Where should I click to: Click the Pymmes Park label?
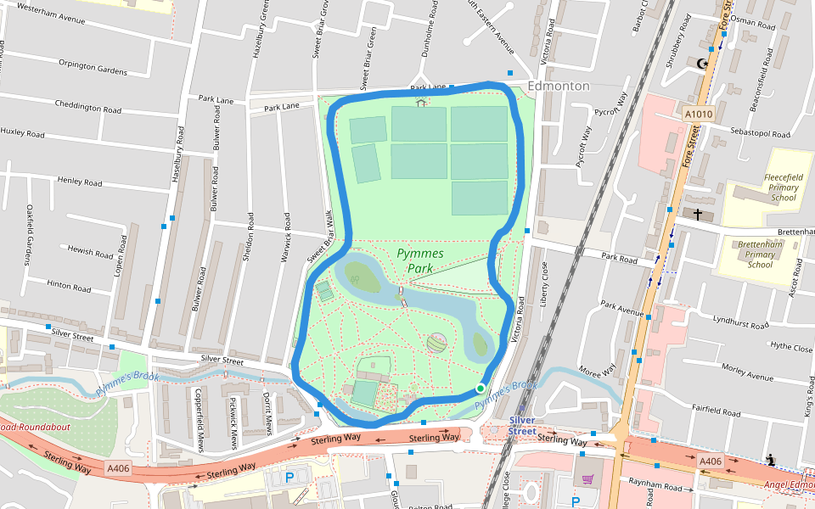[420, 260]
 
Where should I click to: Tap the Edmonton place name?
[558, 87]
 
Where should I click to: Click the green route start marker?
[480, 389]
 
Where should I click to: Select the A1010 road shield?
[698, 112]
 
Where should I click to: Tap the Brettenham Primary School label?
[760, 254]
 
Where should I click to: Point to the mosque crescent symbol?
[702, 64]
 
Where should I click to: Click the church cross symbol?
[698, 215]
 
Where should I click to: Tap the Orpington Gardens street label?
[93, 67]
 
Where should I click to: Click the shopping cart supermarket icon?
[587, 480]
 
